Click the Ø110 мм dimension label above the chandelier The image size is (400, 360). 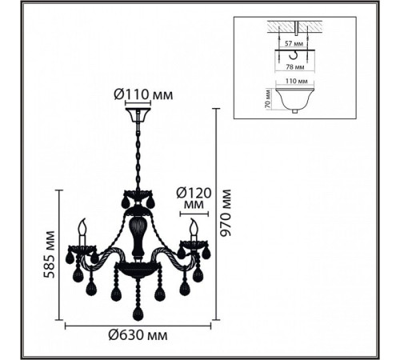pos(143,94)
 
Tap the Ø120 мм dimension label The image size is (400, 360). pos(194,198)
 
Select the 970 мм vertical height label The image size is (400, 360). pos(226,213)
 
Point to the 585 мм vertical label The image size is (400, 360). pos(49,254)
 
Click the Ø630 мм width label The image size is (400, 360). pos(138,334)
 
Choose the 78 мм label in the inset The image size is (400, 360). pos(295,67)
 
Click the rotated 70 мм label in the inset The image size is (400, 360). pos(268,98)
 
